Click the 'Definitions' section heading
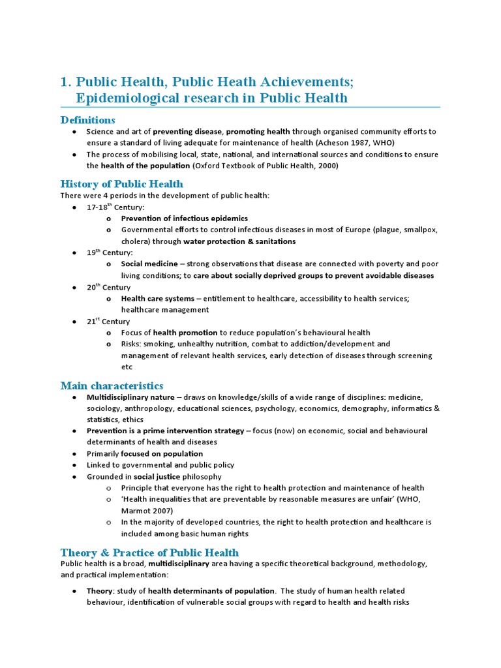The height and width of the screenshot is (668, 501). (x=87, y=120)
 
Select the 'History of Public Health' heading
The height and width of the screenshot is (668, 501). (x=122, y=184)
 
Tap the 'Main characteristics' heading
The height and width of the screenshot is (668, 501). (x=112, y=386)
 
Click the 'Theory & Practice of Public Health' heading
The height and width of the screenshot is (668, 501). (x=149, y=552)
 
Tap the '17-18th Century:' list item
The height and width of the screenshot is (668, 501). (x=115, y=207)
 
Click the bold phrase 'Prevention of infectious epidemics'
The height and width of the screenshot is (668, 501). (x=185, y=219)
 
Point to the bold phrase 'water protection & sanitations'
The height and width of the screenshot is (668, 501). (x=239, y=241)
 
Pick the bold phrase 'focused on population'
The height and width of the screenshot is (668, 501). (x=162, y=453)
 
